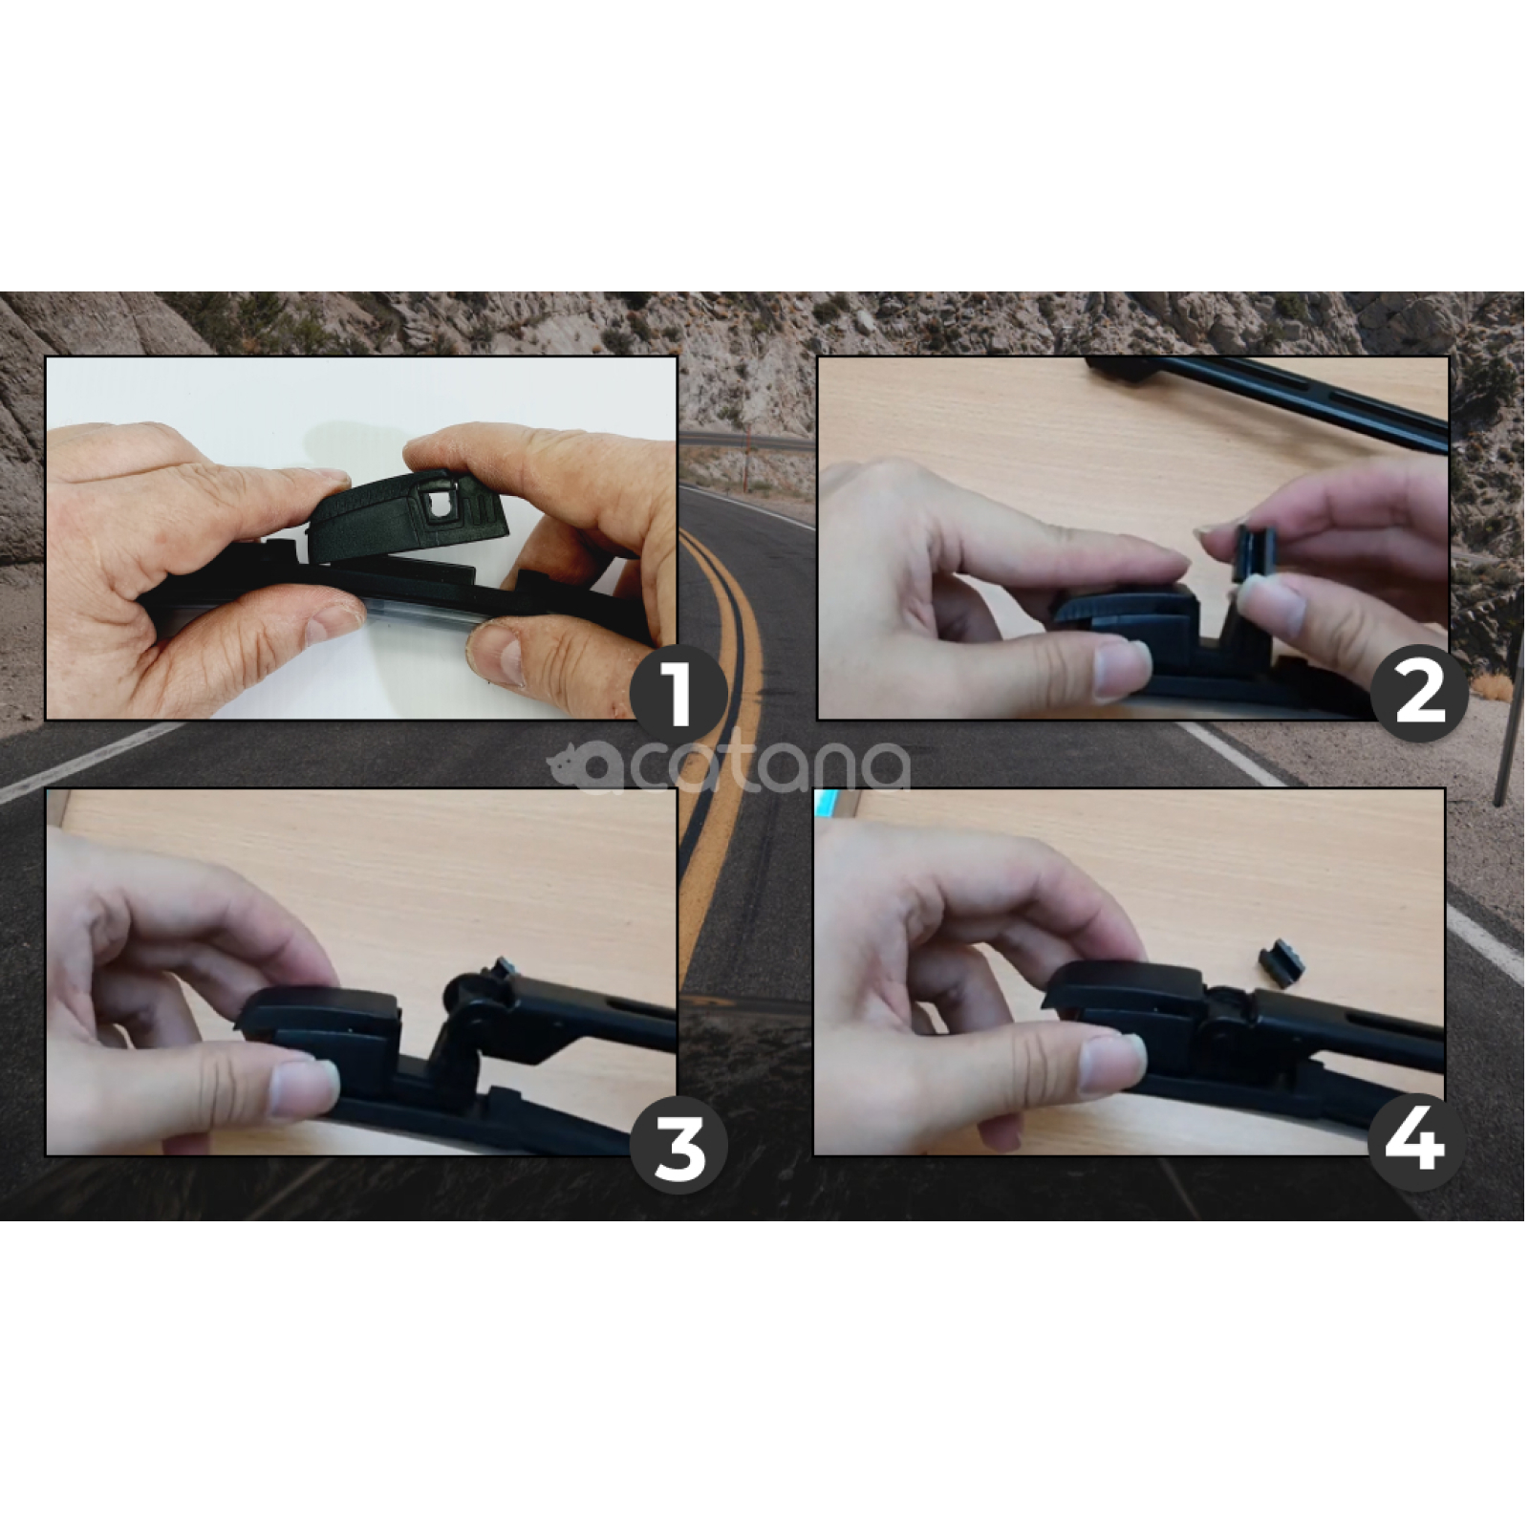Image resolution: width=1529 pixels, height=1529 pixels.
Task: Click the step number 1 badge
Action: pos(678,695)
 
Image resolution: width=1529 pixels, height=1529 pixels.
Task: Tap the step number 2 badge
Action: pos(1419,695)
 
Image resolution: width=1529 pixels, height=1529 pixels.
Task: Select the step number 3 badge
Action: pos(678,1145)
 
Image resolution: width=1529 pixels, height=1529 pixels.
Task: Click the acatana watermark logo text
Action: pos(728,767)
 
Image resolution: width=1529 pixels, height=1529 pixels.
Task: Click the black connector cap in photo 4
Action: pos(1123,994)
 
